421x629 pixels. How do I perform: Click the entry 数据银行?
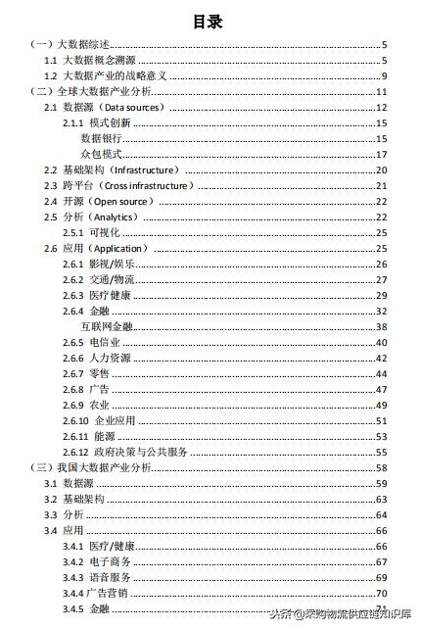point(101,138)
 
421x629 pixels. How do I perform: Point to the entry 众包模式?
point(101,154)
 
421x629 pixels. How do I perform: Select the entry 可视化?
point(106,232)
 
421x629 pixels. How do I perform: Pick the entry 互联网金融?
point(107,326)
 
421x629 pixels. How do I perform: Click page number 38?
point(382,326)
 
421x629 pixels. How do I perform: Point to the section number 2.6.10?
point(74,420)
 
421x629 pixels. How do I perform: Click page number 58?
point(382,468)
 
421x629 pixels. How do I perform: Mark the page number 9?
point(385,76)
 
